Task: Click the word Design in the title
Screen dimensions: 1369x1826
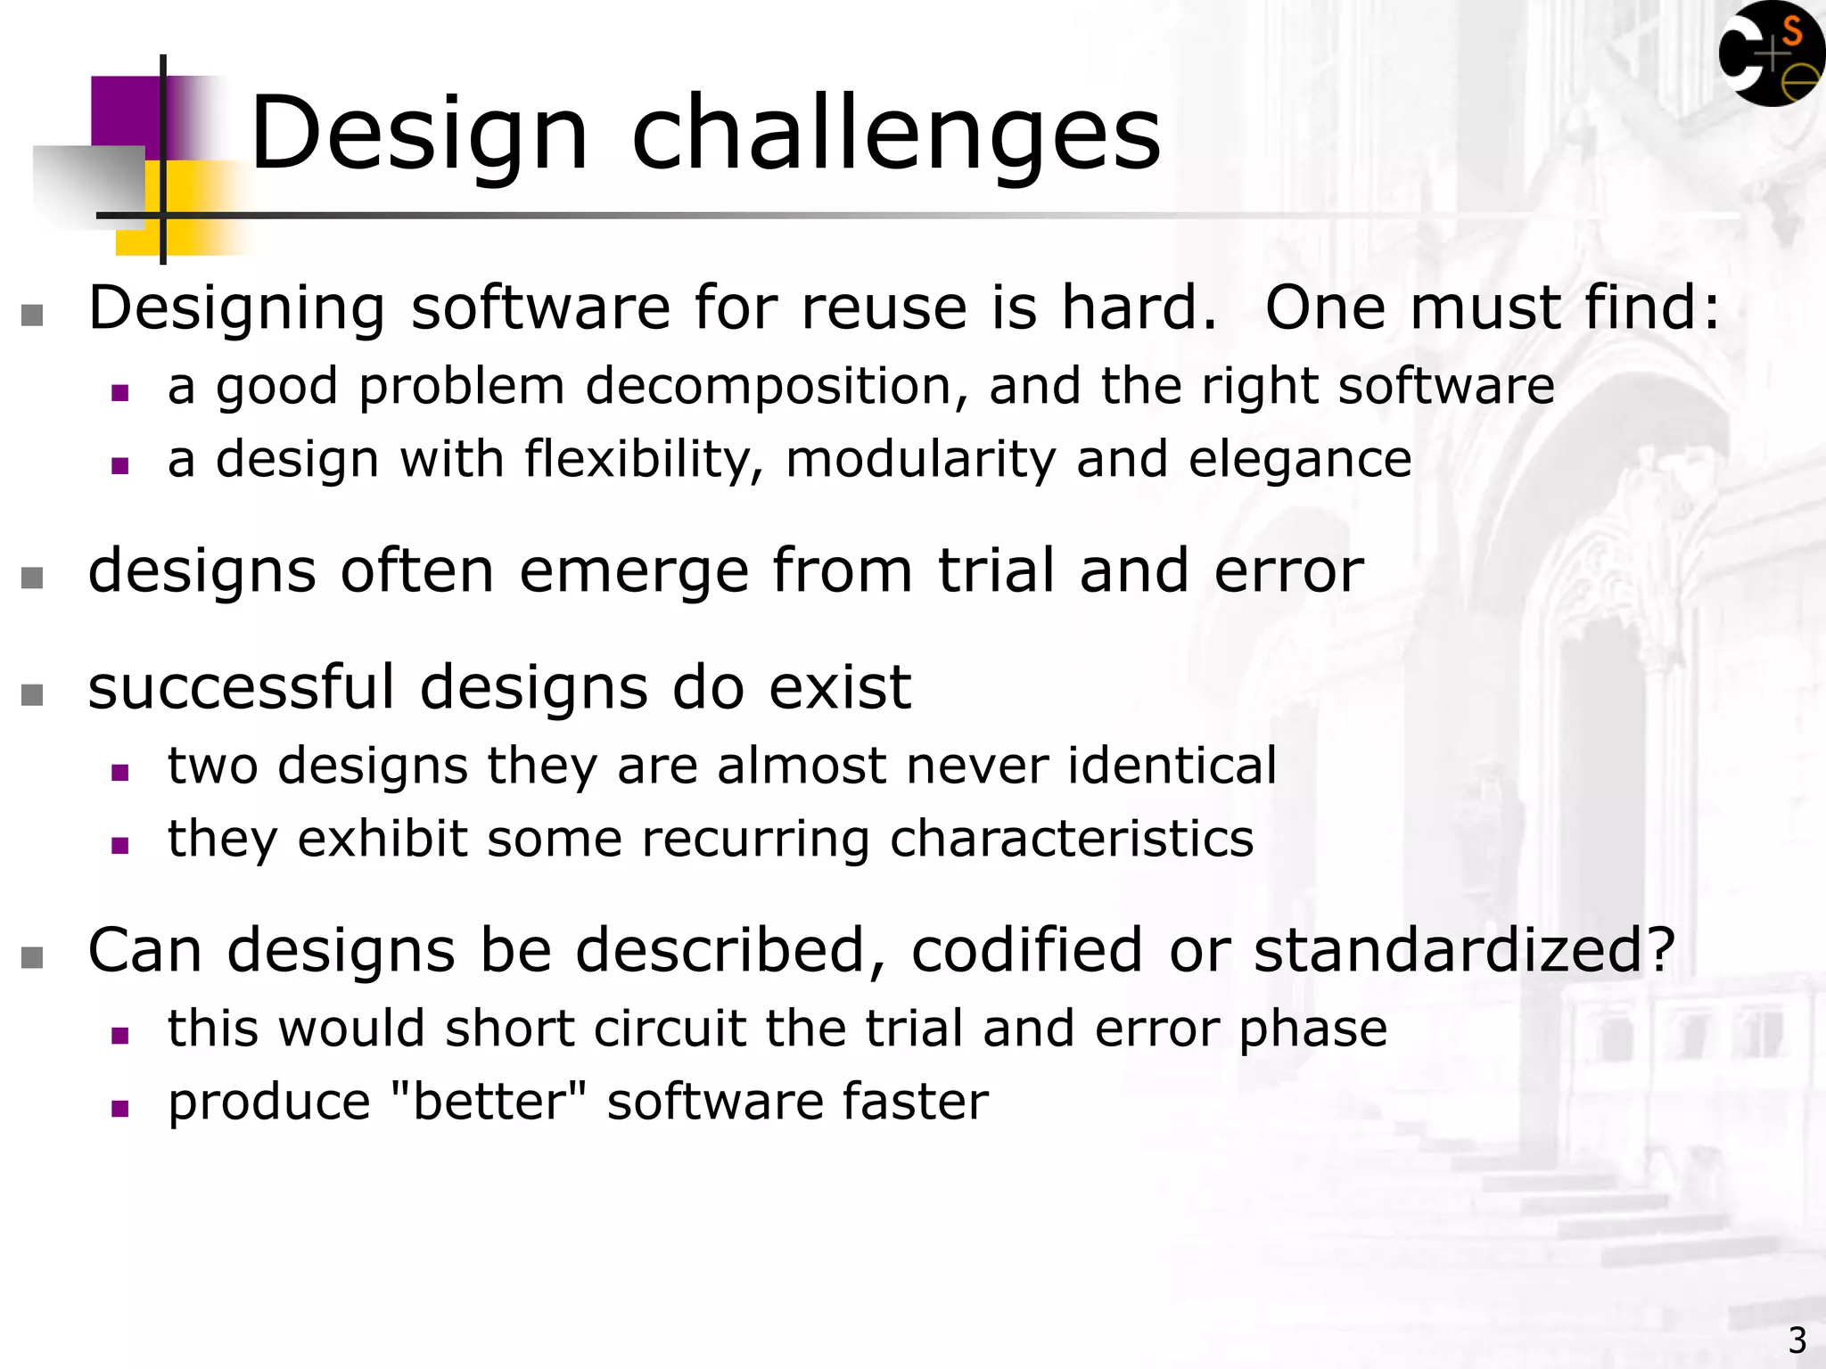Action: pos(419,134)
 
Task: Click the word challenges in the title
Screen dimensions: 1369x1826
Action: pos(896,134)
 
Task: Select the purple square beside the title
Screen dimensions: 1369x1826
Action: pos(125,111)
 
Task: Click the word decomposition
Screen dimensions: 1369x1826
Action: pos(776,387)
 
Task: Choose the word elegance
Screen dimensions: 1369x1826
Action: pos(1300,460)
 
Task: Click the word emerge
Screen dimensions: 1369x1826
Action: pos(634,570)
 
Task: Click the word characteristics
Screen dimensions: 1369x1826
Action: pos(1072,839)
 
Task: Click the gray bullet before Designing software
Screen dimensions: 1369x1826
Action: pos(32,315)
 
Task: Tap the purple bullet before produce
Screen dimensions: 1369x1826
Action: pos(120,1109)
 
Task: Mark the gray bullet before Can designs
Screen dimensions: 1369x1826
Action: pos(32,957)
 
